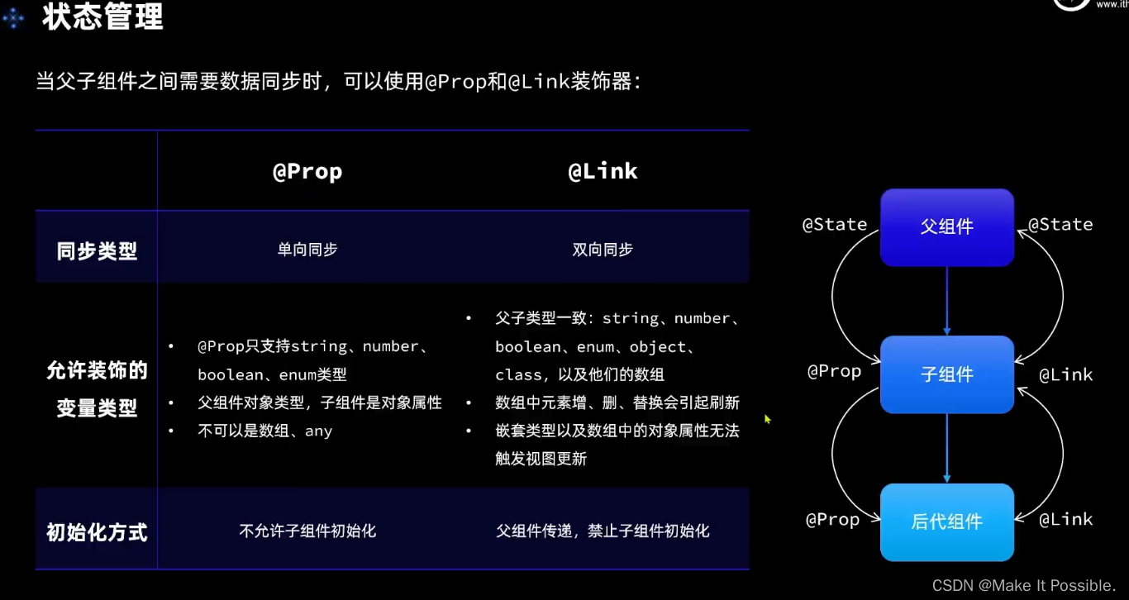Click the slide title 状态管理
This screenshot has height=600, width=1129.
102,17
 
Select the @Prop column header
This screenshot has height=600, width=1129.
307,171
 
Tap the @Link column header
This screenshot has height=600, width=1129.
603,171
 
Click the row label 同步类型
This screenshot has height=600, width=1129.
97,251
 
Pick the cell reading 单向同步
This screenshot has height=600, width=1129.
307,250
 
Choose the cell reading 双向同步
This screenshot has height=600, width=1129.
603,250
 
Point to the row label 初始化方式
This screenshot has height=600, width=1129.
97,532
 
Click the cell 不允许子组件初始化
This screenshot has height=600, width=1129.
307,531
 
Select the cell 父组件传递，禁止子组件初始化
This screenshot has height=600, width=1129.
603,531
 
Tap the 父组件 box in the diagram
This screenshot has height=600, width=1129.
946,227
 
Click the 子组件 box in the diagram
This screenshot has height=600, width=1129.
946,374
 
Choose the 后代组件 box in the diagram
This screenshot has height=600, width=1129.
946,521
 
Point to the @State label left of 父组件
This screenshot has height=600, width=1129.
835,224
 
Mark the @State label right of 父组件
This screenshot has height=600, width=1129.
1060,224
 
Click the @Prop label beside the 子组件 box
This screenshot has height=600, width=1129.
834,371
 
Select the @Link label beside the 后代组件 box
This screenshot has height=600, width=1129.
1065,519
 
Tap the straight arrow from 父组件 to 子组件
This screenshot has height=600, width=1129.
947,301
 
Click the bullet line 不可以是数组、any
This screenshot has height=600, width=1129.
264,431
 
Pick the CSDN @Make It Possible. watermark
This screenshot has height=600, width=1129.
1024,585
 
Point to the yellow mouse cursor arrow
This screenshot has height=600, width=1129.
767,419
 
